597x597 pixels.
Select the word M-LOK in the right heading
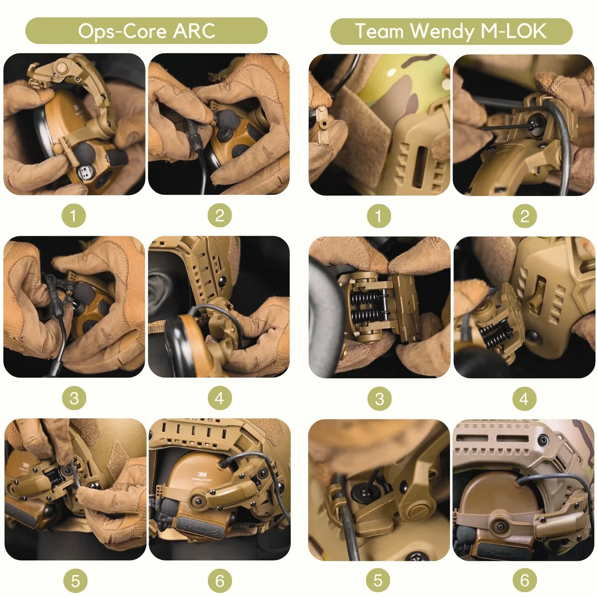pyautogui.click(x=513, y=31)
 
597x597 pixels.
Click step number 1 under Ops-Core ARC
pyautogui.click(x=74, y=216)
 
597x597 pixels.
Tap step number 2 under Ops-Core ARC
pyautogui.click(x=220, y=216)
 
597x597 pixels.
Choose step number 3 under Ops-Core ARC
pyautogui.click(x=74, y=398)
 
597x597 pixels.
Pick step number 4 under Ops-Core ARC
pyautogui.click(x=220, y=398)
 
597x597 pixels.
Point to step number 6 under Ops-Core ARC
pyautogui.click(x=220, y=581)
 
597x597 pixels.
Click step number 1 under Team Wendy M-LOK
pyautogui.click(x=379, y=216)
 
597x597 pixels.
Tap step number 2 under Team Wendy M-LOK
pyautogui.click(x=525, y=216)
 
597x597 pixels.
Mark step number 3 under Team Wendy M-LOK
pyautogui.click(x=379, y=399)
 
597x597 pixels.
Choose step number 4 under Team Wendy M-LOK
pyautogui.click(x=524, y=399)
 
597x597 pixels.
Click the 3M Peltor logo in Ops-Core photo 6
pyautogui.click(x=202, y=476)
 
